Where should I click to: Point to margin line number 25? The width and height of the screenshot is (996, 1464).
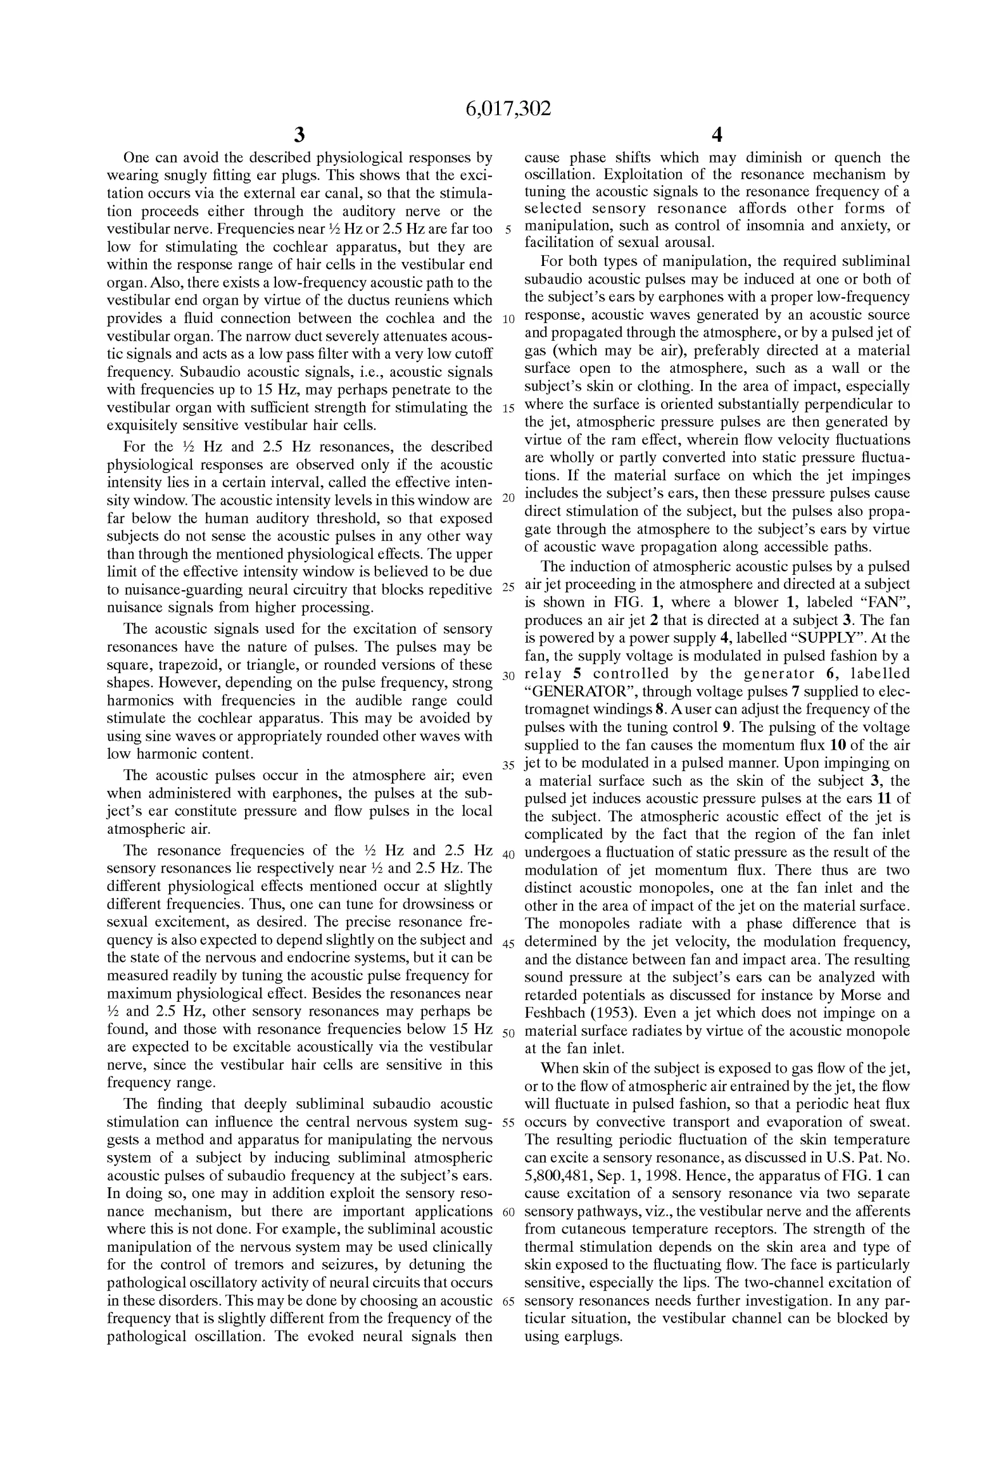[508, 588]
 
